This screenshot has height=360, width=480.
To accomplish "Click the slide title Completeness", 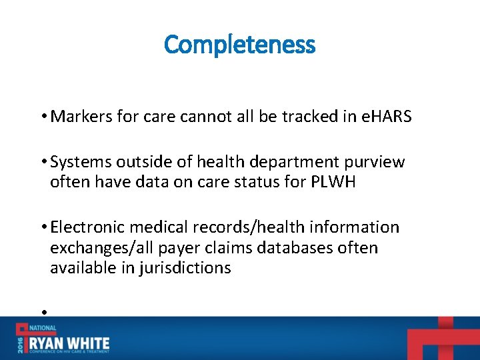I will click(x=239, y=45).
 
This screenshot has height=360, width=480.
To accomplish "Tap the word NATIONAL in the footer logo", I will click(x=42, y=329).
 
